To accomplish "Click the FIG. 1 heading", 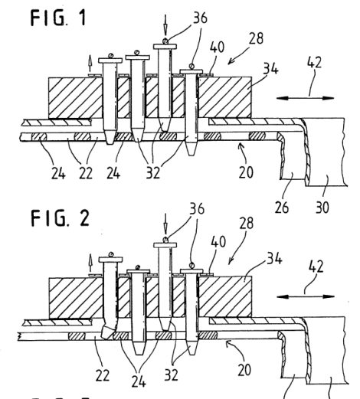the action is pos(58,18).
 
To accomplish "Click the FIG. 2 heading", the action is pos(60,218).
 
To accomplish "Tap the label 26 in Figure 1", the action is pos(282,208).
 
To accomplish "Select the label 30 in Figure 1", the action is pos(322,208).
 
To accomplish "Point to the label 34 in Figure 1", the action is pos(270,68).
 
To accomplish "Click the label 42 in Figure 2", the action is pos(316,267).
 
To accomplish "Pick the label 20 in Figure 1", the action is pos(246,172).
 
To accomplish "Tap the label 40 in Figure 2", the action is pos(218,241).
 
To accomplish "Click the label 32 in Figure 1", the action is pos(153,172).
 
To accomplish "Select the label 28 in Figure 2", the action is pos(247,223).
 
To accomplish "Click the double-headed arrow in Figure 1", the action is pos(306,98).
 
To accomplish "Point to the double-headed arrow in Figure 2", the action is pos(306,296).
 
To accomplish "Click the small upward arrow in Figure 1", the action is pos(90,64).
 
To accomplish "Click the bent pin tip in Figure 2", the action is pos(106,332).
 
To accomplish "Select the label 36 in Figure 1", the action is pos(200,18).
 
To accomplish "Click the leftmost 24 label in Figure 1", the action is pos(58,173).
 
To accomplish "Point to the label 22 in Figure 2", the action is pos(103,375).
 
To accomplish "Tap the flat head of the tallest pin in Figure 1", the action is pos(165,47).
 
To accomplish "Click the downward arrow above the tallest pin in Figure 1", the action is pos(165,25).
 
